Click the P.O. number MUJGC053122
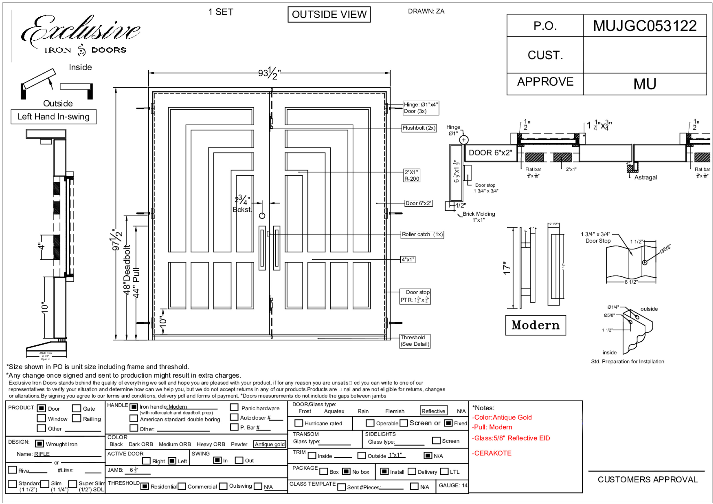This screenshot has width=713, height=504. (x=644, y=26)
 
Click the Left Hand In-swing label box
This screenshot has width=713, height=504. (x=53, y=117)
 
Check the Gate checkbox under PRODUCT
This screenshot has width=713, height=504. (x=76, y=408)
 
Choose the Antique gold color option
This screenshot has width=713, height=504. (x=269, y=444)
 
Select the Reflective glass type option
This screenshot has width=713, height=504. (x=433, y=411)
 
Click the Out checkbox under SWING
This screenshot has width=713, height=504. (x=239, y=460)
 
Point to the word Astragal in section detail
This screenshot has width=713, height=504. (x=645, y=177)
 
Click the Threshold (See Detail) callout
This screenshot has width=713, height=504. (x=414, y=341)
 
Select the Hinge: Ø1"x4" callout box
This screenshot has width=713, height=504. (x=420, y=108)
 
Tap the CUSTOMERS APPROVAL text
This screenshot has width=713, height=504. (x=647, y=479)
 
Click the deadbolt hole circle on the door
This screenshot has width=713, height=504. (x=262, y=216)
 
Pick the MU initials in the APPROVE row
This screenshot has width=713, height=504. (x=644, y=84)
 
